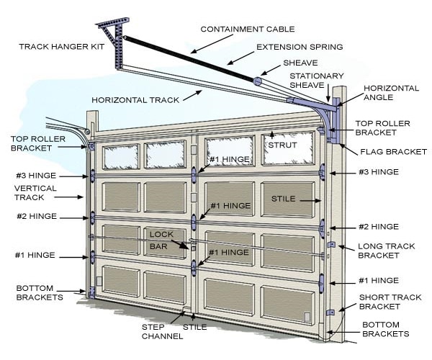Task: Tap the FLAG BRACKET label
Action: pos(391,152)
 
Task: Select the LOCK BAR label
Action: pos(161,240)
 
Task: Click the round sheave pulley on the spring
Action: pos(256,81)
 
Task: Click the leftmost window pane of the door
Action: pos(121,156)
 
